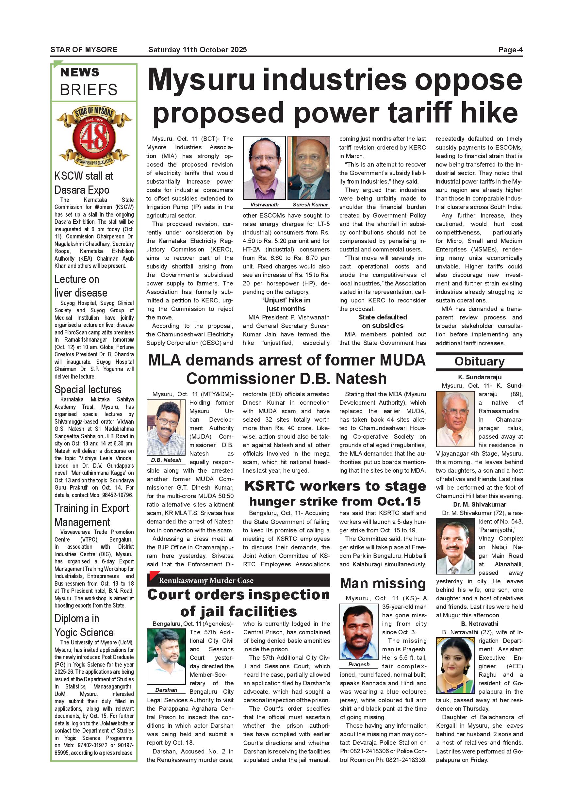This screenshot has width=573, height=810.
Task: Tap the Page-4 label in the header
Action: (510, 50)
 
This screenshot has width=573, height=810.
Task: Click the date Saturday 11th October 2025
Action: (197, 50)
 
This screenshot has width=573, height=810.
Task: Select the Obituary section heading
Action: (479, 362)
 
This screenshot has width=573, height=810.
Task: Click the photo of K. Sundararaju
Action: (455, 419)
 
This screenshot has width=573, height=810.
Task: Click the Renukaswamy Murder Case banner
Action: (238, 580)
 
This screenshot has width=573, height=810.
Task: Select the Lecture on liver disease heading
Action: (81, 286)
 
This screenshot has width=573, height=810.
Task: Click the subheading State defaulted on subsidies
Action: (383, 321)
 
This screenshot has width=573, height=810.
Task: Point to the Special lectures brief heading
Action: (88, 389)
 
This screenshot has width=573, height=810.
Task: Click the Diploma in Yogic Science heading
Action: (84, 625)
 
